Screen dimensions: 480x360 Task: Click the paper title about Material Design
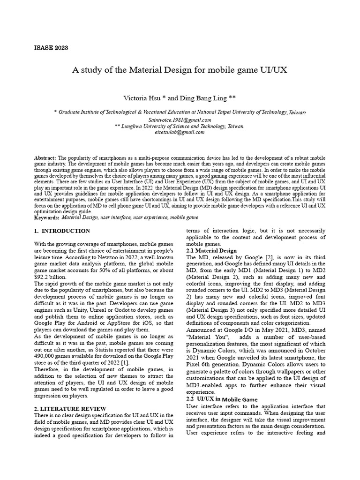tap(180, 70)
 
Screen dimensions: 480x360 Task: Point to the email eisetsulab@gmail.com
tap(180, 132)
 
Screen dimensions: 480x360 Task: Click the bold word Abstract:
tap(45, 158)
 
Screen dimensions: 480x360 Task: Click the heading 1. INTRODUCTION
tap(62, 231)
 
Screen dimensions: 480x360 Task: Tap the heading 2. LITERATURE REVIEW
tap(70, 409)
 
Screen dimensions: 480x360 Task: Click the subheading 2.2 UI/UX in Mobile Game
tap(222, 399)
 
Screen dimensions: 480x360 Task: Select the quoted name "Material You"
tap(208, 337)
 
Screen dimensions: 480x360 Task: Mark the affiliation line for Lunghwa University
tap(180, 126)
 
